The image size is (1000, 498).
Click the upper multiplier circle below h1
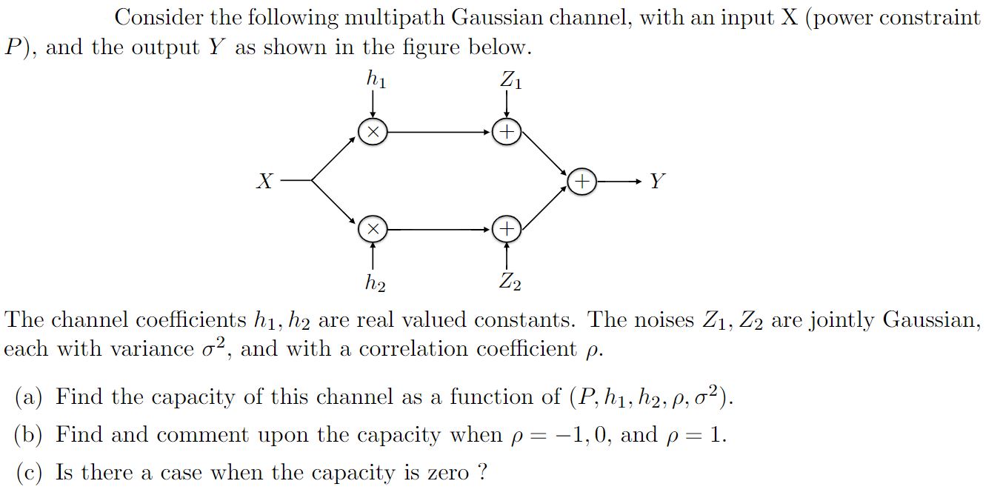pos(373,132)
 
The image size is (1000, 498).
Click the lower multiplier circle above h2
pos(373,230)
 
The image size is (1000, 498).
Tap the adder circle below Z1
pos(507,132)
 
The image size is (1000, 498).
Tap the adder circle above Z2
pos(507,230)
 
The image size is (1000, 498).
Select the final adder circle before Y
pos(582,181)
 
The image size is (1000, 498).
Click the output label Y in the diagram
pos(657,181)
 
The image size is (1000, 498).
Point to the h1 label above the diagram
pos(376,79)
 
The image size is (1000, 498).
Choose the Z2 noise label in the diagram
pos(510,282)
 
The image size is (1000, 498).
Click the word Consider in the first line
pos(159,17)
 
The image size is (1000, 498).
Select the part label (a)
pos(30,398)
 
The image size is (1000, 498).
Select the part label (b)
pos(30,435)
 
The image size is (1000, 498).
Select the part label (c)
pos(30,473)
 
